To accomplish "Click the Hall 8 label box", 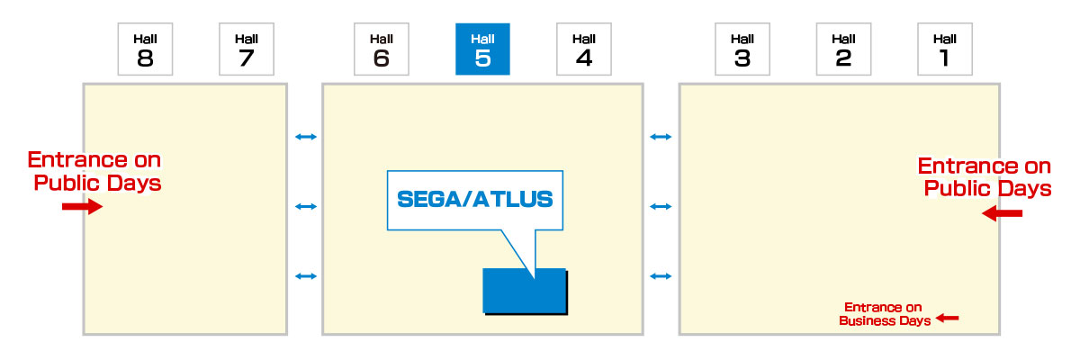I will coord(145,49).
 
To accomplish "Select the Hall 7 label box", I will coord(246,49).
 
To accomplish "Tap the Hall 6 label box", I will coord(381,49).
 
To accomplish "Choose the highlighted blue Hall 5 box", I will coord(482,49).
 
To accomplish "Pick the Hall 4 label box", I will coord(583,49).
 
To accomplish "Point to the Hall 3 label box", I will coord(742,49).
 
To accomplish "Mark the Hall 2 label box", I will coord(843,49).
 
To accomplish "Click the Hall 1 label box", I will coord(944,49).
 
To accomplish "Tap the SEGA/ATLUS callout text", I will coord(474,199).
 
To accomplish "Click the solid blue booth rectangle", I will coord(524,291).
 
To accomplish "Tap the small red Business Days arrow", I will coord(948,318).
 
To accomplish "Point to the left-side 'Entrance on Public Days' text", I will coord(94,171).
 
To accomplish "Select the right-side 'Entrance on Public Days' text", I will coord(984,177).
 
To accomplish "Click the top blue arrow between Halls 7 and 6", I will coord(306,137).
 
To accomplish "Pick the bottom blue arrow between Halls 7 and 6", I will coord(306,275).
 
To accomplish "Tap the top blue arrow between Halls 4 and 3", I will coord(661,137).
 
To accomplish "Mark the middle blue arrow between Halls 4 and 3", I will coord(661,207).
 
